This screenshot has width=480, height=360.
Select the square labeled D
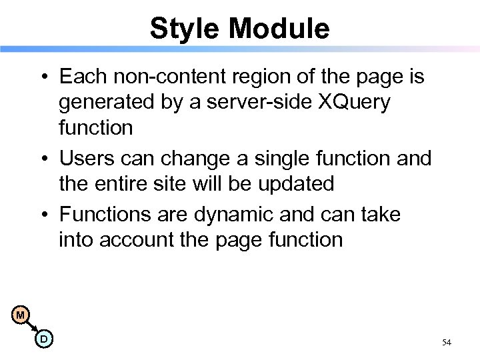tap(44, 339)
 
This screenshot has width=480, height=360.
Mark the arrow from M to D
tap(32, 327)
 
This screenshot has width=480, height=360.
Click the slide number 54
tap(447, 343)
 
